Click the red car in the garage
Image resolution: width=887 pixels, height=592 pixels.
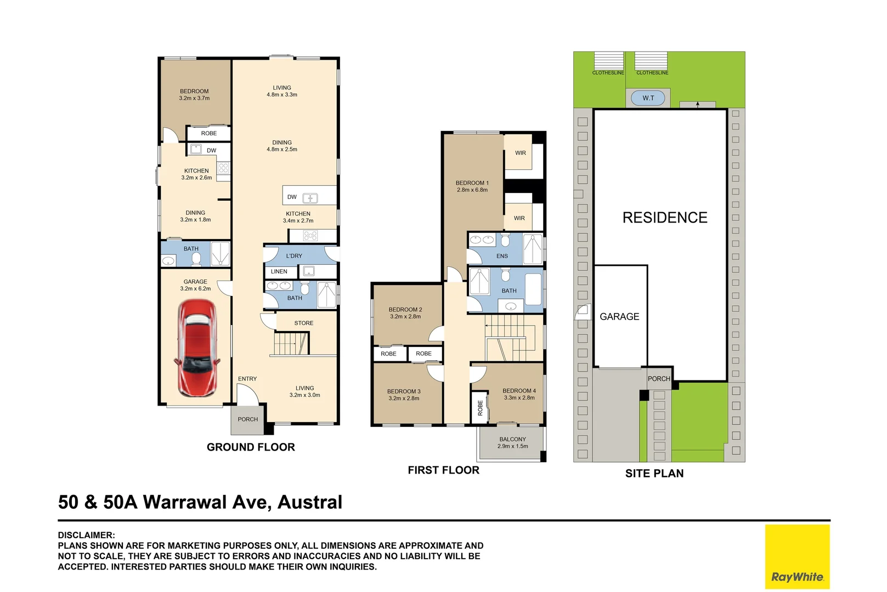tap(197, 348)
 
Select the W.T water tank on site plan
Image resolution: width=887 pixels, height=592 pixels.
tap(648, 98)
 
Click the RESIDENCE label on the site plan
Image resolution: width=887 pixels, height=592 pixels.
tap(665, 218)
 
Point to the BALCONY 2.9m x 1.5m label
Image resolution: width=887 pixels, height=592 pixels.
tap(512, 442)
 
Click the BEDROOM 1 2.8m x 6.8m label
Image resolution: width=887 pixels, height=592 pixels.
tap(472, 186)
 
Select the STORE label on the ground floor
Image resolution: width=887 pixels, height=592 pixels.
tap(303, 323)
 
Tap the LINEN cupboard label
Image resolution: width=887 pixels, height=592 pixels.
tap(279, 271)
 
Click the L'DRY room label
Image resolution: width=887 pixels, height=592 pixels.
tap(294, 256)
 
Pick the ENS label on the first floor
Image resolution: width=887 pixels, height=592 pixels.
tap(502, 256)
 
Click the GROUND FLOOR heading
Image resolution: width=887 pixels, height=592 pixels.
tap(251, 447)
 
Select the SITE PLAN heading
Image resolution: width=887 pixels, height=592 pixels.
tap(654, 474)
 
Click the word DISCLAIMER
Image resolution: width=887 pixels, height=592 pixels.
tap(86, 535)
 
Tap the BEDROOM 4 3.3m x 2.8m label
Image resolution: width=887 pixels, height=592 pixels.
tap(519, 394)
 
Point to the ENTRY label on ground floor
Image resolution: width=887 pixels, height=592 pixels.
tap(247, 379)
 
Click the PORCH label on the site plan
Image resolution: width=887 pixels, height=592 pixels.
tap(659, 379)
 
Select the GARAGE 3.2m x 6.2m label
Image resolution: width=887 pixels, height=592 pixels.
tap(195, 285)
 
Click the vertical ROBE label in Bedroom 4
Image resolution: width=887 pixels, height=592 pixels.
tap(480, 407)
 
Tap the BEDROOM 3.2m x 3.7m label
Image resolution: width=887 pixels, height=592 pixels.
tap(194, 95)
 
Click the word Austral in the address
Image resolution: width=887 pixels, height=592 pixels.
tap(310, 502)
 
